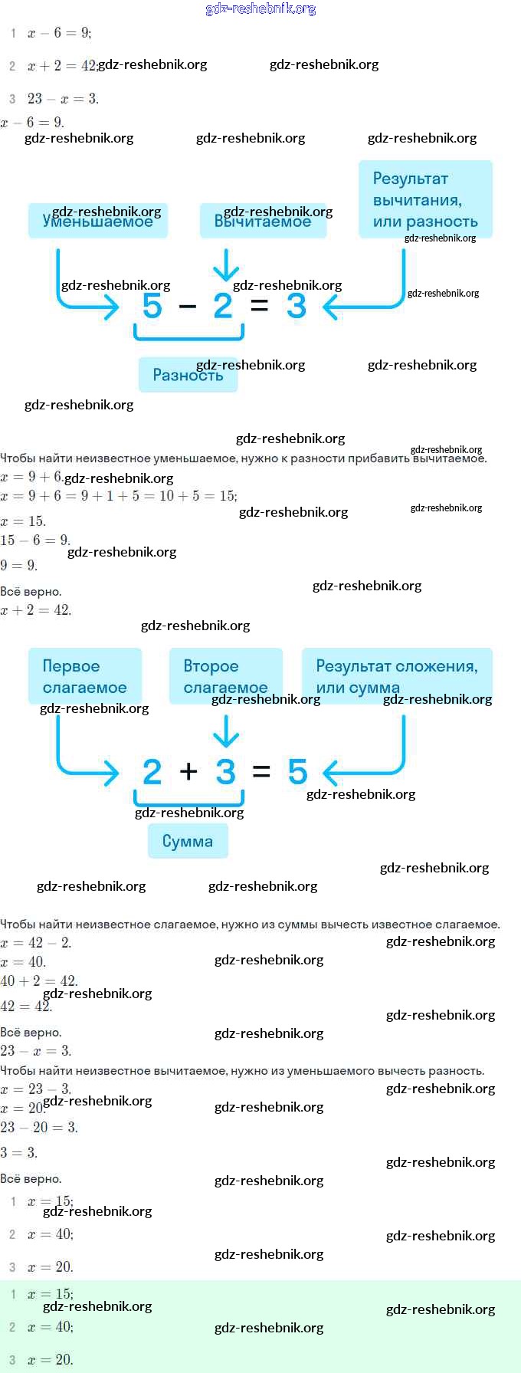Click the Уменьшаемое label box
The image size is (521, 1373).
[x=97, y=221]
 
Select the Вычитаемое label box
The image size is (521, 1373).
[x=263, y=221]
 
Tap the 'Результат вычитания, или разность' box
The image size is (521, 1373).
[x=425, y=199]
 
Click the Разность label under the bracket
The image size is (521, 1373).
[x=188, y=375]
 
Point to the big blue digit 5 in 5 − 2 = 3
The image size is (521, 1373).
[x=152, y=306]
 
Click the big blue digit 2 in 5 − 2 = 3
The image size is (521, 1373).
[x=223, y=306]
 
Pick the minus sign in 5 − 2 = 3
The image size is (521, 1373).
[x=188, y=307]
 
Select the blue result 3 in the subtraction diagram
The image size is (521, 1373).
[x=296, y=306]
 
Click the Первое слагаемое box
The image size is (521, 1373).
[x=85, y=676]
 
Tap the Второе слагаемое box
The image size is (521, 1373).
[x=225, y=676]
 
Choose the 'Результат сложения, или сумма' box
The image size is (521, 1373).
[x=396, y=676]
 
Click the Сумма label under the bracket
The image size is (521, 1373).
[x=188, y=841]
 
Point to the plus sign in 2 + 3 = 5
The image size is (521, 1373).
[x=188, y=771]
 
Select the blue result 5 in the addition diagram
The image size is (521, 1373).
[x=297, y=771]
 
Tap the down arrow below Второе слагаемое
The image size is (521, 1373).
[x=225, y=731]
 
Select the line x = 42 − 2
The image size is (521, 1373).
[x=36, y=943]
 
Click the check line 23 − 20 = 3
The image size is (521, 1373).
[x=39, y=1127]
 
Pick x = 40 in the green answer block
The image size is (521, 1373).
[x=51, y=1327]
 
